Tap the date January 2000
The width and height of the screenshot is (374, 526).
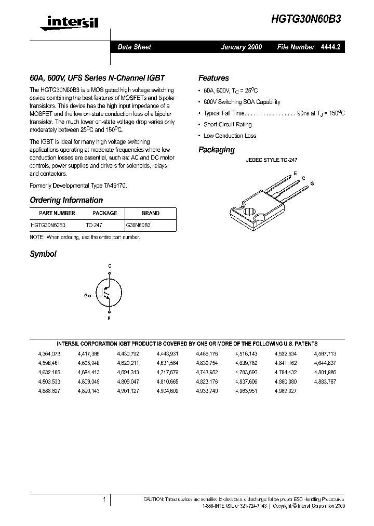click(242, 47)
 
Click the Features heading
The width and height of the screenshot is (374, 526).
click(213, 78)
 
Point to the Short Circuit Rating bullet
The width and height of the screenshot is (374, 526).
click(228, 125)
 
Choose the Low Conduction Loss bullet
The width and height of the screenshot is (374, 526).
click(230, 136)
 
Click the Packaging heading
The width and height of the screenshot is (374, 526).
click(217, 150)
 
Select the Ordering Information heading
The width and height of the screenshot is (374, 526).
click(66, 200)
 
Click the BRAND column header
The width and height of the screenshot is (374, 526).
click(151, 213)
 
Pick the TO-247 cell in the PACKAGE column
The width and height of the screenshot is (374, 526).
click(94, 226)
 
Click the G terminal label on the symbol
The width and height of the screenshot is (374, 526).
click(86, 295)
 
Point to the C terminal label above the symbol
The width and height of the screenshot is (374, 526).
click(110, 266)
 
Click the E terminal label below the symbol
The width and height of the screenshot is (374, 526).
click(109, 318)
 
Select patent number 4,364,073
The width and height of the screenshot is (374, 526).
click(49, 353)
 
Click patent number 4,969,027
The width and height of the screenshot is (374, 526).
click(286, 390)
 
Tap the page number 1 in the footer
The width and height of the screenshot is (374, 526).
click(104, 499)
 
